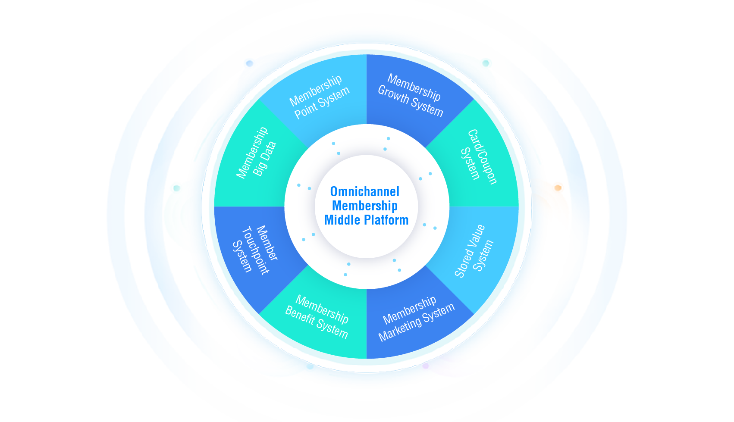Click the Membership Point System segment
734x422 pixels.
tap(319, 97)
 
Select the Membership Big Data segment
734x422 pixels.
tap(257, 155)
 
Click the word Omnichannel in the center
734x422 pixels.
tap(365, 191)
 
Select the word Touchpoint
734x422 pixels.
tap(255, 250)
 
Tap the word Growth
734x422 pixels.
tap(393, 94)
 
